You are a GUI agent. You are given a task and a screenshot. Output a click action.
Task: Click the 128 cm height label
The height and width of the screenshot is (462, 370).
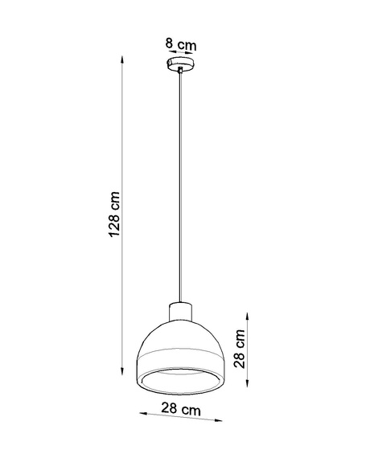(x=115, y=215)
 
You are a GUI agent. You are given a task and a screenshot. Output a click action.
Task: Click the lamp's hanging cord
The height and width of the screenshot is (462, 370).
(x=182, y=185)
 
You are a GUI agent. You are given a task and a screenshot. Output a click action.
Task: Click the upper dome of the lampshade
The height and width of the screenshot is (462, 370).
(x=182, y=337)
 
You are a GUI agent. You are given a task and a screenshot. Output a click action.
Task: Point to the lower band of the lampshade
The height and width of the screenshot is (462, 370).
(x=182, y=366)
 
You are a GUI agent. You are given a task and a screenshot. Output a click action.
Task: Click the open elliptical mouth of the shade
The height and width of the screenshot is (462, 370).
(x=182, y=377)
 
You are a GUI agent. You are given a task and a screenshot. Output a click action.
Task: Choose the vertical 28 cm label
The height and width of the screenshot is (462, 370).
(x=239, y=347)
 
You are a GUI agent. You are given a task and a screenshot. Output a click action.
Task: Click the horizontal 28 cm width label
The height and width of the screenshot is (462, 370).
(x=180, y=411)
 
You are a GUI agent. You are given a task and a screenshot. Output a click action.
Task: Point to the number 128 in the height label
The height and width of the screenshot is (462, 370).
(x=115, y=227)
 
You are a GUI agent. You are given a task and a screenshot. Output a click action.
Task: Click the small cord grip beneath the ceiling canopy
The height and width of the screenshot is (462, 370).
(x=182, y=73)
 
